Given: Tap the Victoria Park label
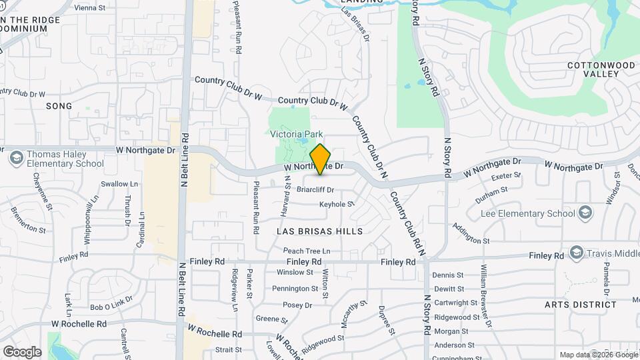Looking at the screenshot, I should point(296,135).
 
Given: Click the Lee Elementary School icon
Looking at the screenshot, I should point(585,213).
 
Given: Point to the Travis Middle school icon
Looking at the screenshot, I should point(577,253).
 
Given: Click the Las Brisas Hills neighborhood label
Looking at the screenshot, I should point(319,231).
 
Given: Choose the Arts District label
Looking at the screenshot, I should point(580,304).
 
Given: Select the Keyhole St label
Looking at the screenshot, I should point(335,204).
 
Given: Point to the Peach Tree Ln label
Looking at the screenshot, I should point(307,250).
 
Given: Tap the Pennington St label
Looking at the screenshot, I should point(295,289).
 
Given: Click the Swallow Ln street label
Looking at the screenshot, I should point(119,184).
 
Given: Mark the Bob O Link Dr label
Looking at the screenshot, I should point(107,307).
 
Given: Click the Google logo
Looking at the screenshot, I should point(22,351).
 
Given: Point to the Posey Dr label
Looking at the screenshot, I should point(297,305).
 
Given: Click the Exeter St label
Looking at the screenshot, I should point(505,177).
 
